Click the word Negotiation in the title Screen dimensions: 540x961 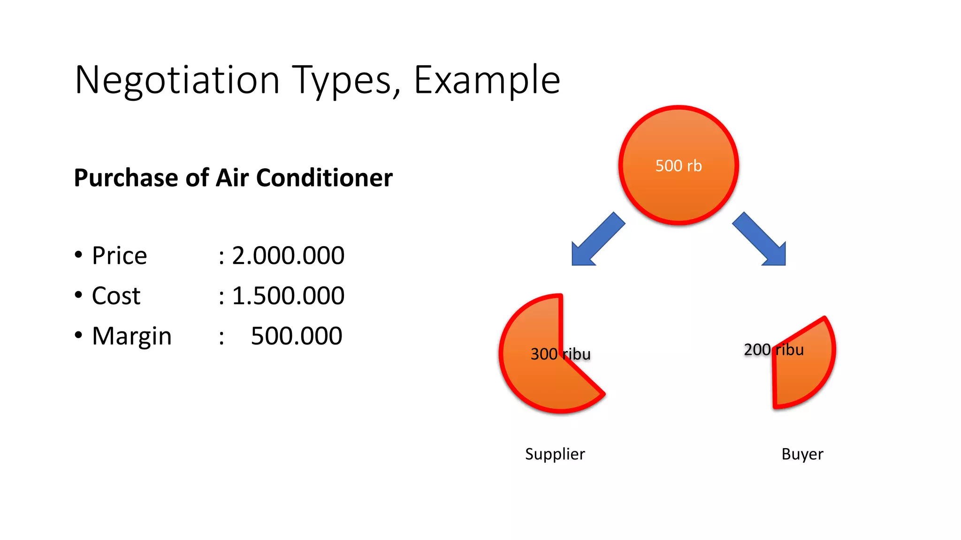177,81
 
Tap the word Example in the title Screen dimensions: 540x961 487,81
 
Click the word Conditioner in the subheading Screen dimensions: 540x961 324,178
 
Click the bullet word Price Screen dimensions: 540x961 119,256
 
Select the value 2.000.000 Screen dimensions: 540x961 288,256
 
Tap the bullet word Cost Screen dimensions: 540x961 116,296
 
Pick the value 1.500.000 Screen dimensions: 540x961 288,296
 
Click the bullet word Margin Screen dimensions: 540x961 132,337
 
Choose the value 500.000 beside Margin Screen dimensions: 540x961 296,337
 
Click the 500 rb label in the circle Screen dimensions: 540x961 678,166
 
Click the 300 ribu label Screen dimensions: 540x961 560,354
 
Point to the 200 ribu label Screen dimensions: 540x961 774,350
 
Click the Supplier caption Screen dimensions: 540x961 555,454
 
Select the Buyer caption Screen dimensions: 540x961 802,454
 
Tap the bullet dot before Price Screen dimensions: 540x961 78,255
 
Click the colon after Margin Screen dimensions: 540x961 221,337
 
